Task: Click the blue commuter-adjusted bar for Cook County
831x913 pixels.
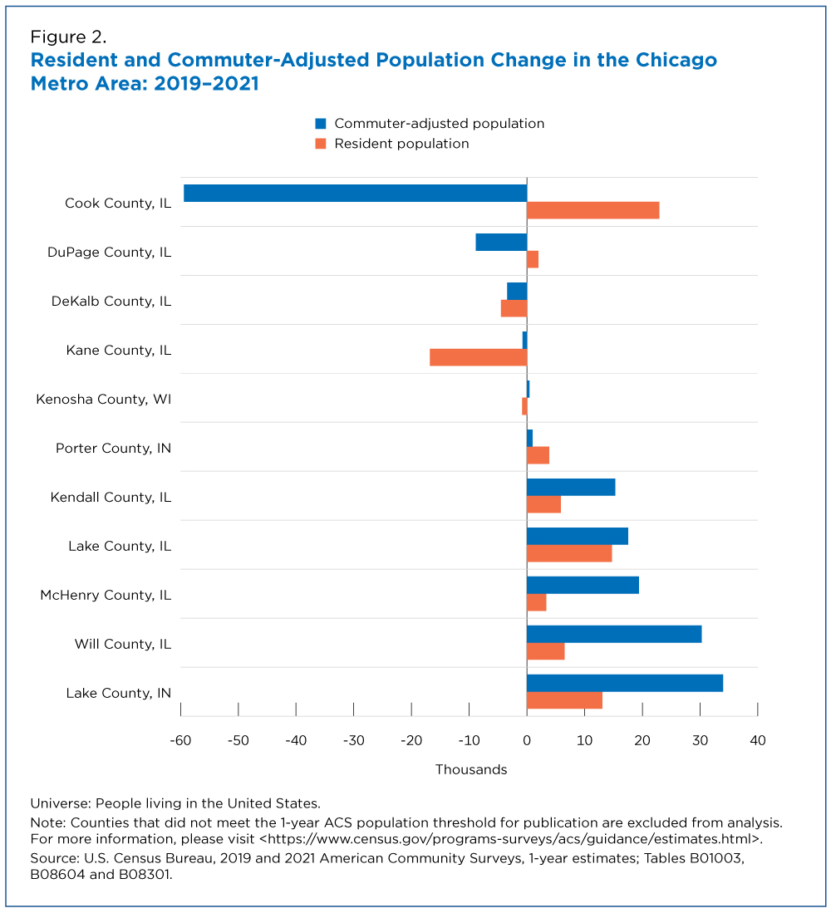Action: tap(355, 194)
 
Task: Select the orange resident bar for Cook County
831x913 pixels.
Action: tap(593, 210)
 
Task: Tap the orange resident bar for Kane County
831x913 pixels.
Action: tap(478, 357)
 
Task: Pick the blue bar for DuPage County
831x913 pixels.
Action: tap(501, 243)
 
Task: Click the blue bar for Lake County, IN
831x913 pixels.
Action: tap(625, 683)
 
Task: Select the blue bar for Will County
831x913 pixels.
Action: tap(614, 634)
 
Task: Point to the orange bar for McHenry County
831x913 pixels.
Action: tap(536, 602)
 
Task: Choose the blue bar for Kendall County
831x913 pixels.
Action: tap(571, 488)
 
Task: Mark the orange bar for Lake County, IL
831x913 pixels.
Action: tap(569, 553)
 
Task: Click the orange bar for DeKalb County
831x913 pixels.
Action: tap(514, 308)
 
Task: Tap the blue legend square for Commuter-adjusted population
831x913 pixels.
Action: tap(321, 124)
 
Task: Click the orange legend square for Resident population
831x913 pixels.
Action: tap(321, 144)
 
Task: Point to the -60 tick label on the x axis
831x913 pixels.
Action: tap(180, 741)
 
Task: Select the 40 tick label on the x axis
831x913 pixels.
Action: tap(758, 741)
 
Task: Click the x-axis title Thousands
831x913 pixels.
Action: tap(471, 770)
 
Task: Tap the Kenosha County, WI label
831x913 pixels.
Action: tap(104, 400)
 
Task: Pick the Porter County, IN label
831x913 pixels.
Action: tap(114, 449)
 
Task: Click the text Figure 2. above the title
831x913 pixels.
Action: tap(69, 37)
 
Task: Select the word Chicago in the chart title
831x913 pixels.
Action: tap(676, 61)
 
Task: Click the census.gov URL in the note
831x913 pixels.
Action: tap(509, 839)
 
